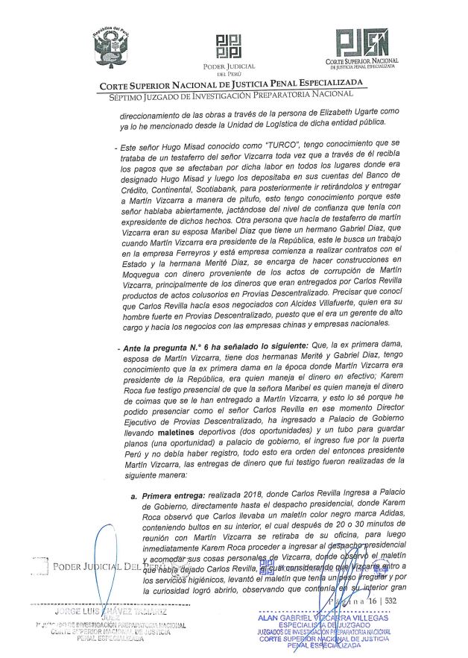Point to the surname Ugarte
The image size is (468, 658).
pos(336,111)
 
